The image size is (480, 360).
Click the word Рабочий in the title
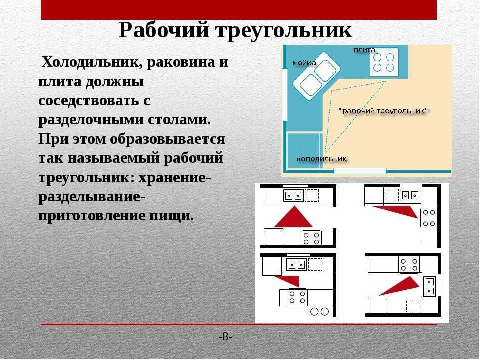coord(164,31)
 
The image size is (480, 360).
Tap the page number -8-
coord(225,337)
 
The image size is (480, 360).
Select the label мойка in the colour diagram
coord(304,63)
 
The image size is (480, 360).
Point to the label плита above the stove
coord(364,50)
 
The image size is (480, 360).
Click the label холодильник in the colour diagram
coord(321,159)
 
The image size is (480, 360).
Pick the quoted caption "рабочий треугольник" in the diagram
coord(384,111)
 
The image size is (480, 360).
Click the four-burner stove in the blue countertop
coord(384,62)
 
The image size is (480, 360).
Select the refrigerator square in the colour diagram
coord(304,150)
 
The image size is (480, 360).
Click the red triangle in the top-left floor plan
coord(294,216)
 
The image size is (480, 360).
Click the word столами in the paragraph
coord(179,119)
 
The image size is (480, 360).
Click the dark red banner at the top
coord(239,10)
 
